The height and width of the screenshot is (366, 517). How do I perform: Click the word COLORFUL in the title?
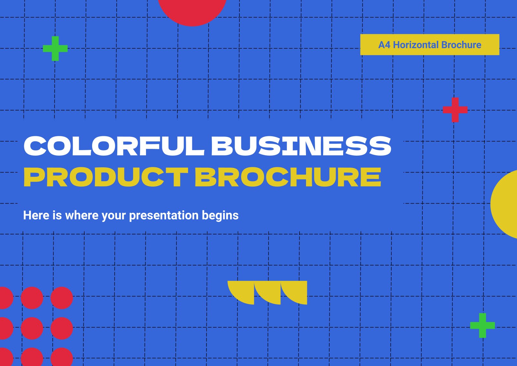pos(114,146)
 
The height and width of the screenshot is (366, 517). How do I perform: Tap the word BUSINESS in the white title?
pos(301,146)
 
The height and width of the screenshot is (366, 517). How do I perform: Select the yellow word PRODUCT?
pos(106,177)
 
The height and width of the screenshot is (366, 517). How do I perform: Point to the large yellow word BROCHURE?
pos(288,177)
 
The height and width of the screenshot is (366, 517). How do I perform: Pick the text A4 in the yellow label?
pos(384,45)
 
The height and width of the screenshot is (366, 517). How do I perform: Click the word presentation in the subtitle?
pos(164,216)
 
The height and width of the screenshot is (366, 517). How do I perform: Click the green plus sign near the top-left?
pos(55,49)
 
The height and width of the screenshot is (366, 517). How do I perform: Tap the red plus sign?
pos(455,110)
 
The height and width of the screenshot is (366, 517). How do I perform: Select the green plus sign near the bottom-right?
pos(483,326)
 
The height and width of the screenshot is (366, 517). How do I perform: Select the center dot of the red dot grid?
pos(32,328)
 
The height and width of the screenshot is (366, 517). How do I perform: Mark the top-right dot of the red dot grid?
pos(62,298)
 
